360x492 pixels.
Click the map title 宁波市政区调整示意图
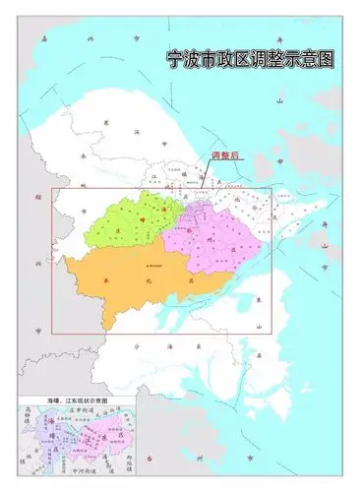point(250,59)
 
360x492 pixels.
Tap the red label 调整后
point(225,156)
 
